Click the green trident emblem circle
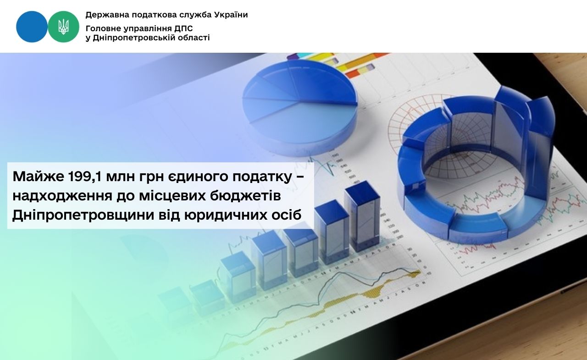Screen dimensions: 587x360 [x=63, y=27]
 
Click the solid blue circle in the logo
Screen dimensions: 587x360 [x=32, y=27]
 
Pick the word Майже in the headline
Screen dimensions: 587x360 [x=38, y=177]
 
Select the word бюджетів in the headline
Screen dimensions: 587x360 [x=251, y=196]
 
